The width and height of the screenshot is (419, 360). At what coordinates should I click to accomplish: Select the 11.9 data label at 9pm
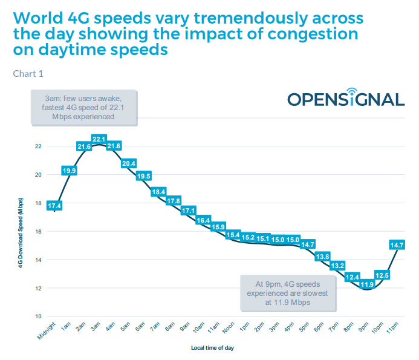[x=366, y=284]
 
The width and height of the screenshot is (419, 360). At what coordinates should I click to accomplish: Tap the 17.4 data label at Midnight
[x=54, y=206]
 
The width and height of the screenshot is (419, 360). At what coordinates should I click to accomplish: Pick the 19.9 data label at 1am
[x=69, y=171]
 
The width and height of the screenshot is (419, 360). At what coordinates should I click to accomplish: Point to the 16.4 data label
[x=203, y=220]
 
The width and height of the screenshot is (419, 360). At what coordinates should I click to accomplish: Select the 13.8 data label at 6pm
[x=322, y=257]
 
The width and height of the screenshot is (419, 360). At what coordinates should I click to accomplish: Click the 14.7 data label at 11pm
[x=397, y=245]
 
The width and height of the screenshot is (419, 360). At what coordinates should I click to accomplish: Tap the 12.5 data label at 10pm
[x=382, y=275]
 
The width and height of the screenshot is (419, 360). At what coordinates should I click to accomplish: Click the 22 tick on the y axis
[x=38, y=146]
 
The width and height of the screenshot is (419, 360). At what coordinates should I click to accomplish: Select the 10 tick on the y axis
[x=38, y=316]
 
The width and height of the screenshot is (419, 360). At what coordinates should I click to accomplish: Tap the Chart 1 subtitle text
[x=28, y=74]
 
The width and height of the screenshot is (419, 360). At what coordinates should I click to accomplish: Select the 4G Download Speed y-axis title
[x=21, y=232]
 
